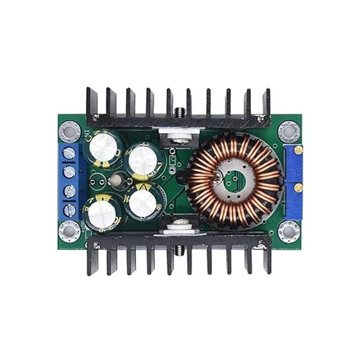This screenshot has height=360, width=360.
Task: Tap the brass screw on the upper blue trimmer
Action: point(298,150)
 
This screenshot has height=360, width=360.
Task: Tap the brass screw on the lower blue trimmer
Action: point(298,187)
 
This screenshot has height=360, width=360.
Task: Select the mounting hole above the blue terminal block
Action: point(70,130)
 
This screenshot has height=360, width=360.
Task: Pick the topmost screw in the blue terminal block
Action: point(70,152)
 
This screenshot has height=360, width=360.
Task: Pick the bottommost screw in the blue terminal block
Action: point(70,209)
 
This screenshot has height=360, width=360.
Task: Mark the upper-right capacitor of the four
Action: point(144,160)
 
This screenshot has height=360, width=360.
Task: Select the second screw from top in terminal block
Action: point(70,171)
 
